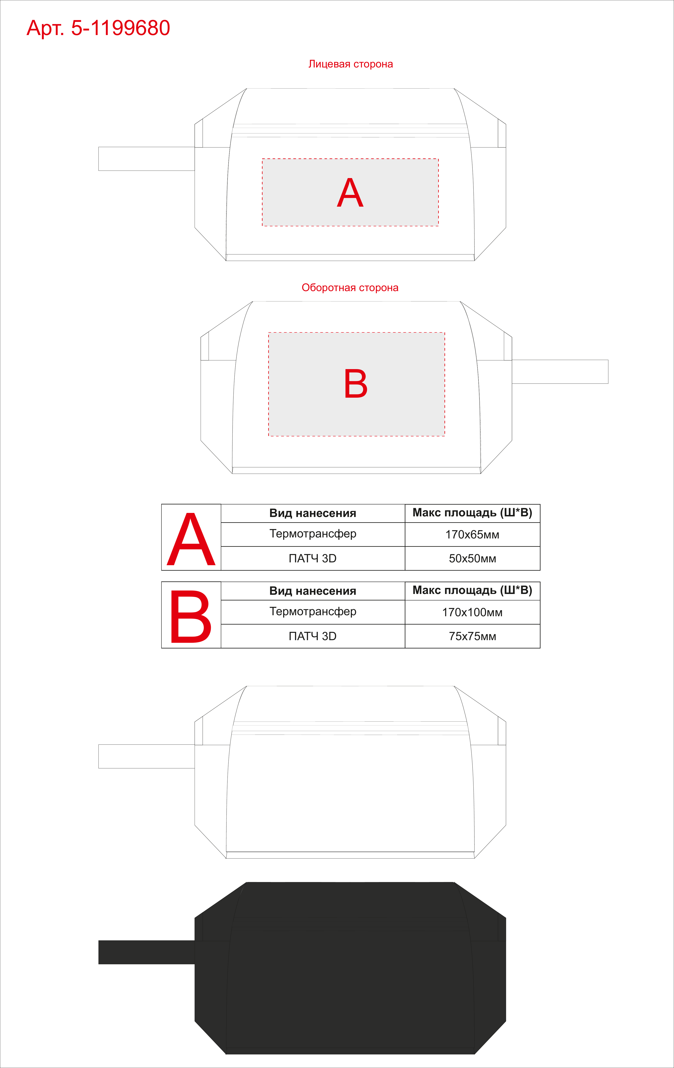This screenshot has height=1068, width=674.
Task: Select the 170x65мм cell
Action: [472, 534]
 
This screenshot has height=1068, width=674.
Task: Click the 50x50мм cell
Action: [472, 558]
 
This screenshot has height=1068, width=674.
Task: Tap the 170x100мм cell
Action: [472, 612]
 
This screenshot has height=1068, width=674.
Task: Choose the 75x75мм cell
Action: [472, 636]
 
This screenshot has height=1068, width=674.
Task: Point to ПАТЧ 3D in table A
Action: [313, 558]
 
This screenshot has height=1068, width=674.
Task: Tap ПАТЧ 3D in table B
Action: [313, 636]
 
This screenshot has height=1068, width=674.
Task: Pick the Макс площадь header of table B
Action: [472, 590]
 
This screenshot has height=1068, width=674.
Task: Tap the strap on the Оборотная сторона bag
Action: [560, 372]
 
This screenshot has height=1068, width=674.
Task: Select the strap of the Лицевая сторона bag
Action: [146, 159]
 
